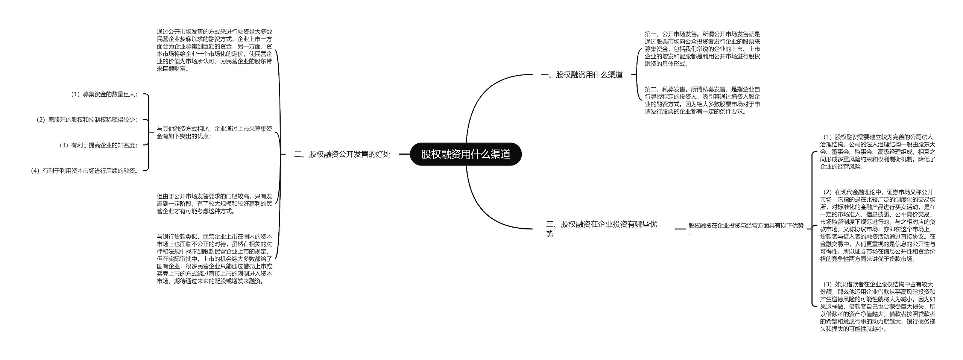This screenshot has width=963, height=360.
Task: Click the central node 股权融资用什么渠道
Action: pos(465,154)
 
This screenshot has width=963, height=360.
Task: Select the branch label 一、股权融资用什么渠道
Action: pos(582,75)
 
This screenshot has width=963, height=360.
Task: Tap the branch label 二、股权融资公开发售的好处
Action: pos(342,154)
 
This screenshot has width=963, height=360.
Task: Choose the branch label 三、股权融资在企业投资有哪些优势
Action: pos(601,229)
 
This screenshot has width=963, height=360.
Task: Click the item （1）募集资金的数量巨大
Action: pos(103,94)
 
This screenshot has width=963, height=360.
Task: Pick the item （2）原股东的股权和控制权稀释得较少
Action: pos(86,120)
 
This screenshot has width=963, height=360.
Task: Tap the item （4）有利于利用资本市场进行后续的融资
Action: pos(84,171)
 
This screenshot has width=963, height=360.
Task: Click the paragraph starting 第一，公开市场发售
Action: pos(702,49)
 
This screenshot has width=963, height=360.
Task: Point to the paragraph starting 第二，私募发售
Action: pos(702,100)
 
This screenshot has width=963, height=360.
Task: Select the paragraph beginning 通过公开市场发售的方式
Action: pos(214,50)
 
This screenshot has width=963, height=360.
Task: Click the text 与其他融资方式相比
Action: pos(214,132)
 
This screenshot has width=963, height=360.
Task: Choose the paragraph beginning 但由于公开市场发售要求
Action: pos(214,204)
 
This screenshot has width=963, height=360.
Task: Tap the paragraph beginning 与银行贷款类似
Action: pos(214,259)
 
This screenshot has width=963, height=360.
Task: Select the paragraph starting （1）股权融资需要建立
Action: pos(877,152)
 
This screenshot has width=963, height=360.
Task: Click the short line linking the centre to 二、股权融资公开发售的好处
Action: pos(404,154)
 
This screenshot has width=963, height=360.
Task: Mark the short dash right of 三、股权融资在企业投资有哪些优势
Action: pos(680,229)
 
